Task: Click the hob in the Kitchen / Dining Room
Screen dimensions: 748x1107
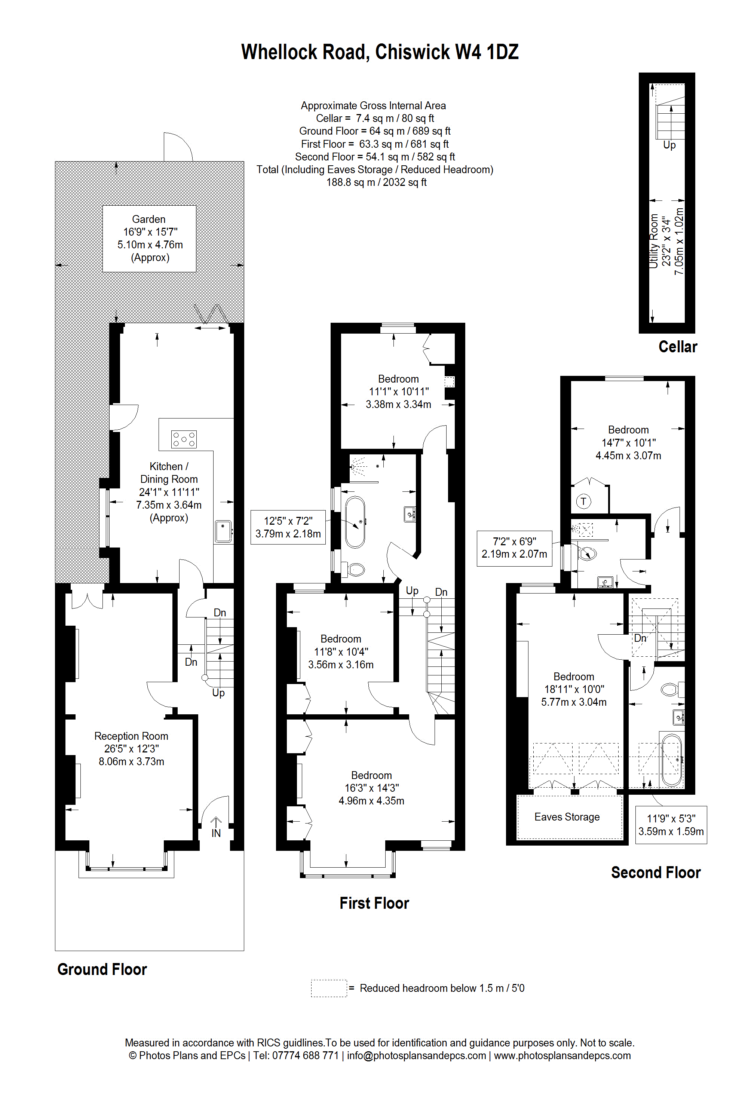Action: pyautogui.click(x=183, y=439)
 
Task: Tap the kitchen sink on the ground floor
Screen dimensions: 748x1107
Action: pyautogui.click(x=223, y=531)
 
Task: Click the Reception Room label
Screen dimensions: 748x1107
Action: pyautogui.click(x=131, y=736)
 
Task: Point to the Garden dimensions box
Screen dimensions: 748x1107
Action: pyautogui.click(x=149, y=239)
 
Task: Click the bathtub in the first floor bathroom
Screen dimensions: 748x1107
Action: pyautogui.click(x=355, y=522)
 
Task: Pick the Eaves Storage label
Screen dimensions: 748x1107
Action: pyautogui.click(x=567, y=817)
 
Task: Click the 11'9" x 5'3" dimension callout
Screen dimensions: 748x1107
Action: pyautogui.click(x=671, y=825)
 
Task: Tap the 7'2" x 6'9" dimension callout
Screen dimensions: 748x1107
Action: pyautogui.click(x=515, y=548)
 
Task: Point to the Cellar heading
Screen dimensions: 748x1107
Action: pyautogui.click(x=677, y=347)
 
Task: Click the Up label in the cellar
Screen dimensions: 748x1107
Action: pyautogui.click(x=669, y=145)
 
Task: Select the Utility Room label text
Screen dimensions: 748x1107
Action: pyautogui.click(x=654, y=241)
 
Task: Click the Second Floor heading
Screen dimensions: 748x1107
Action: pyautogui.click(x=656, y=873)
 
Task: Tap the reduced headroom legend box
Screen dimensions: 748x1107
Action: pyautogui.click(x=329, y=988)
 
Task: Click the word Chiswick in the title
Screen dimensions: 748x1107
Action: pyautogui.click(x=413, y=52)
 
